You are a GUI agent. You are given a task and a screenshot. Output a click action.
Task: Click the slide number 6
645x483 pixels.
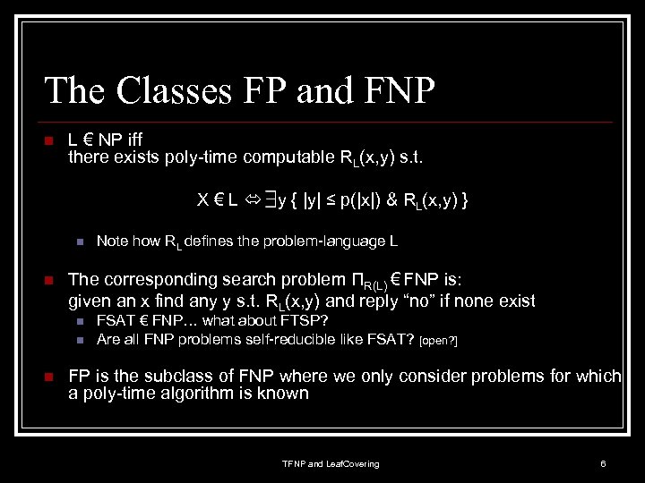604,463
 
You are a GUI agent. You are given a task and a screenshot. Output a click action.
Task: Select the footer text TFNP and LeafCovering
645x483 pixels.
331,463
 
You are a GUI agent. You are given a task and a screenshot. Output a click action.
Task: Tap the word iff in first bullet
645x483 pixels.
131,140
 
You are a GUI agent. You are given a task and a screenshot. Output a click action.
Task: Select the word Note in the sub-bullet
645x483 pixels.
112,241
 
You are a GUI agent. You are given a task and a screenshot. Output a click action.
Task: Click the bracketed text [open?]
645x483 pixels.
439,341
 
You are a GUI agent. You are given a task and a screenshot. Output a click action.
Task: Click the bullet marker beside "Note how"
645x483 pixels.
79,241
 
